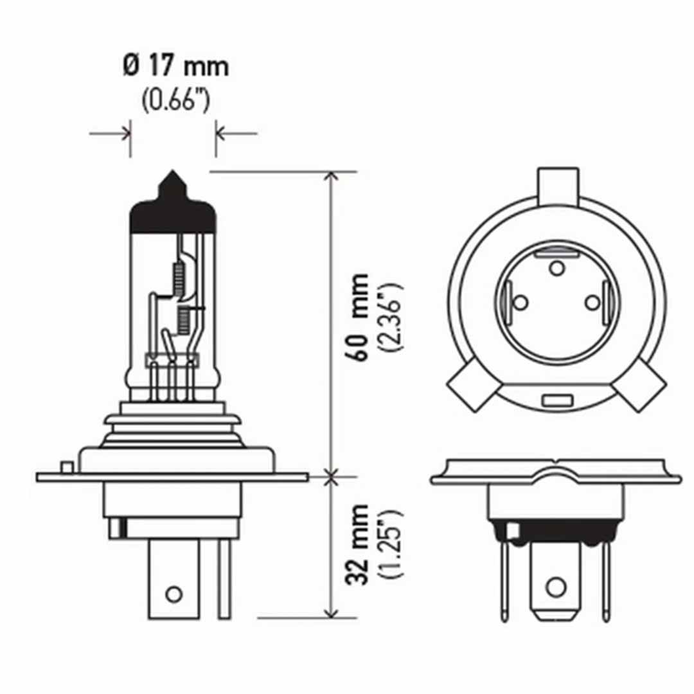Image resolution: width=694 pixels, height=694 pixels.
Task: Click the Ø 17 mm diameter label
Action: click(x=175, y=67)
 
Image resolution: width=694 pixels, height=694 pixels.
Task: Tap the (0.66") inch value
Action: click(x=175, y=102)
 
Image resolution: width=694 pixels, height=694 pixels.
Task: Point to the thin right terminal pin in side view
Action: click(x=224, y=578)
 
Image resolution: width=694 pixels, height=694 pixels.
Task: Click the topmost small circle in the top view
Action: click(x=556, y=267)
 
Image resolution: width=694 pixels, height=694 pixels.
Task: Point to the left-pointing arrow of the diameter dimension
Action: click(x=235, y=134)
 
